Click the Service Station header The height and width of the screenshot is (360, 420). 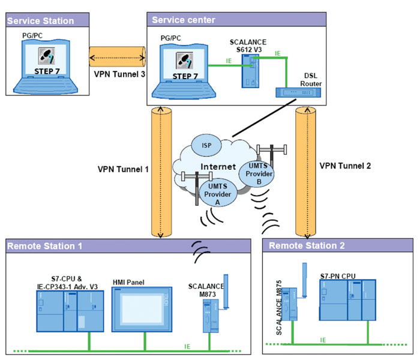(41, 21)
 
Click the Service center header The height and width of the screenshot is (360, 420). (183, 20)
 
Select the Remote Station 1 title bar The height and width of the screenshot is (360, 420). (45, 245)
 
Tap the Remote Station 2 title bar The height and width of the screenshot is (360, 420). (307, 245)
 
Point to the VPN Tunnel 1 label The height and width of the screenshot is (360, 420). (123, 169)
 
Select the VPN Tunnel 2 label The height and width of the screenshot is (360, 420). (344, 165)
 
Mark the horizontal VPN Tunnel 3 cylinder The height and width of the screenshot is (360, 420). (116, 57)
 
